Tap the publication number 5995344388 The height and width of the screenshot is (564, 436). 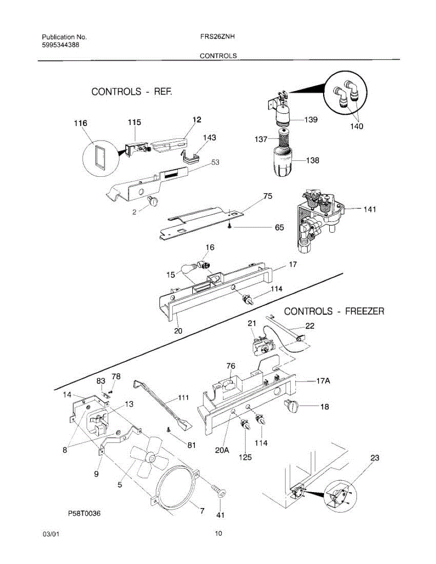(60, 45)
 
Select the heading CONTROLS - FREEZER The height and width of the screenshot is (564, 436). (334, 311)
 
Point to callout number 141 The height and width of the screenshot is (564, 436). (370, 210)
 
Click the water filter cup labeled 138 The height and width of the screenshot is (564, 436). (281, 162)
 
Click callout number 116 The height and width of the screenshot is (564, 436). (80, 123)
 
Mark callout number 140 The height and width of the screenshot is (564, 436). (357, 126)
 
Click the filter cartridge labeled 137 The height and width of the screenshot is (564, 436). (285, 139)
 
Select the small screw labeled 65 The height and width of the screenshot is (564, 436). (229, 227)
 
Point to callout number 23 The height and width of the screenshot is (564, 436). (374, 457)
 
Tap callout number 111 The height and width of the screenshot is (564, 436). (183, 398)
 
